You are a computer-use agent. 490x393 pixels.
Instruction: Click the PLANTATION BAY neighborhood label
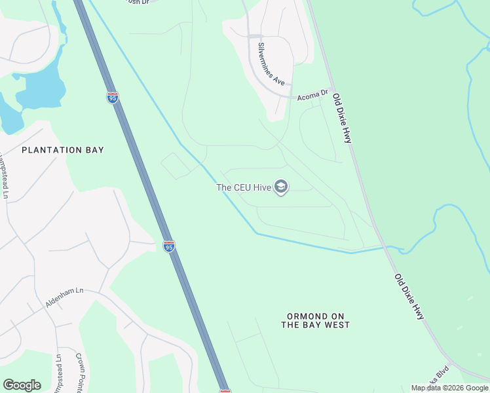[x=63, y=150]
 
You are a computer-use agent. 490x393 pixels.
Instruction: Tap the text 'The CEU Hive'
[x=244, y=188]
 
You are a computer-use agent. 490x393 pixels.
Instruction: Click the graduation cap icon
[x=281, y=188]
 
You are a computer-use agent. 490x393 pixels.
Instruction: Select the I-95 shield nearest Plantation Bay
[x=113, y=98]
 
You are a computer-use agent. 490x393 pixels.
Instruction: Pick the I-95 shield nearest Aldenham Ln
[x=169, y=246]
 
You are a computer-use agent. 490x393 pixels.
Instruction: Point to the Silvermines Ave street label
[x=271, y=64]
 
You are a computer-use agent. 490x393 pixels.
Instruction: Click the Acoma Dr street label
[x=312, y=95]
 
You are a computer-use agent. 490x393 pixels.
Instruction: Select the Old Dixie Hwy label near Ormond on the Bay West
[x=409, y=296]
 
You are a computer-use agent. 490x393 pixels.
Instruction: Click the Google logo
[x=22, y=385]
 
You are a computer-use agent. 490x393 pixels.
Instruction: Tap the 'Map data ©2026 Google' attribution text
[x=449, y=388]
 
